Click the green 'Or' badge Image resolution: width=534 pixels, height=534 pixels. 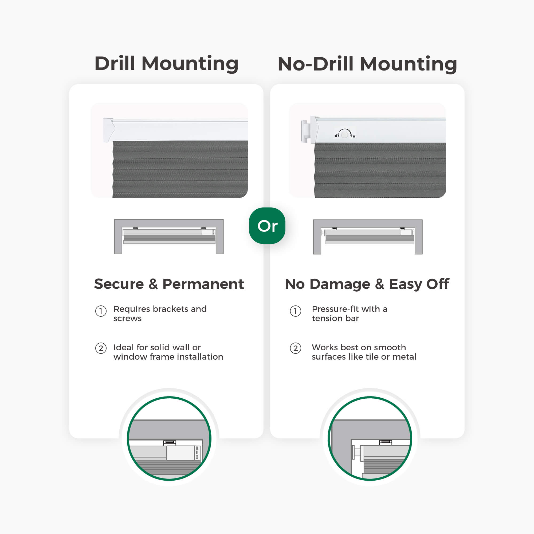pyautogui.click(x=267, y=226)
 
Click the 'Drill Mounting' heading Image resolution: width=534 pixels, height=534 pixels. pyautogui.click(x=166, y=64)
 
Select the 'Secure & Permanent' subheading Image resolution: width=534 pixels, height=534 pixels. pyautogui.click(x=169, y=284)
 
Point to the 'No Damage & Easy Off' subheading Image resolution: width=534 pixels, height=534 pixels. pyautogui.click(x=367, y=284)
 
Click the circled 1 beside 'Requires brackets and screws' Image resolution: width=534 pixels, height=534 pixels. pyautogui.click(x=101, y=311)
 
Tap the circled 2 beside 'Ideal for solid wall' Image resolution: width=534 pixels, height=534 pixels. pyautogui.click(x=101, y=348)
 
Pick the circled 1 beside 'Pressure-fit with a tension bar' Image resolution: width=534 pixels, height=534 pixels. pyautogui.click(x=296, y=311)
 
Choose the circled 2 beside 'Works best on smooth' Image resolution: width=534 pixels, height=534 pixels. pyautogui.click(x=296, y=348)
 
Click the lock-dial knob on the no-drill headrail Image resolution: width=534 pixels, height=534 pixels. pyautogui.click(x=345, y=134)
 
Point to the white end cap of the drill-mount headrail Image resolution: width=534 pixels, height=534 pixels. pyautogui.click(x=109, y=130)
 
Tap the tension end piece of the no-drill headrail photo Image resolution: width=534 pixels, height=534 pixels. pyautogui.click(x=304, y=131)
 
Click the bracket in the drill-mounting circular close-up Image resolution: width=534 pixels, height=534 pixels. pyautogui.click(x=170, y=442)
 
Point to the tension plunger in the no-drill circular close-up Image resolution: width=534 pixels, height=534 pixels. pyautogui.click(x=357, y=452)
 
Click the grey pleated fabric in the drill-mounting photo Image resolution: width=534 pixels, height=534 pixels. pyautogui.click(x=180, y=169)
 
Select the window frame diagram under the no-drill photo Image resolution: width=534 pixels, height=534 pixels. pyautogui.click(x=368, y=237)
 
